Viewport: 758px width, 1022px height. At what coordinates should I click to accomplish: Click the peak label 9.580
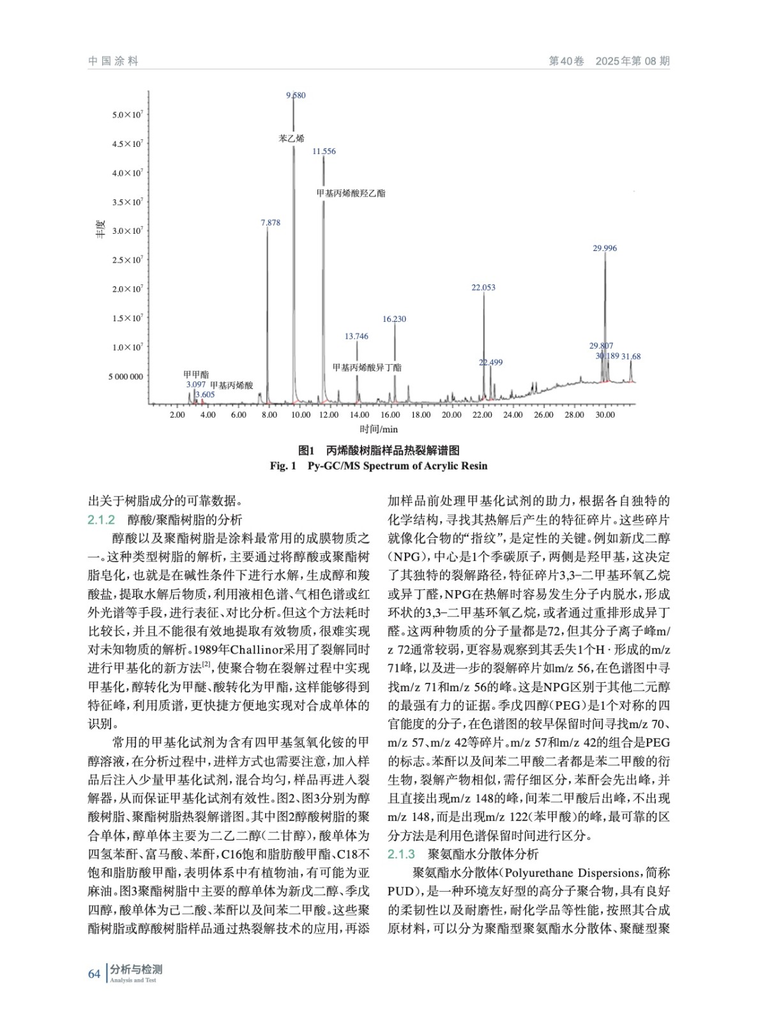296,95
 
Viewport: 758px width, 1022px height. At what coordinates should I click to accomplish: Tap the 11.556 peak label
324,151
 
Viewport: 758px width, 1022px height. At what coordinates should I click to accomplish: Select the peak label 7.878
270,223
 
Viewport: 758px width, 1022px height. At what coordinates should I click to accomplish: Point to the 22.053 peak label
483,287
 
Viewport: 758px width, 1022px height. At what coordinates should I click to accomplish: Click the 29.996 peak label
605,248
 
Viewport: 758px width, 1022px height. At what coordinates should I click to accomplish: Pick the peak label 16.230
394,319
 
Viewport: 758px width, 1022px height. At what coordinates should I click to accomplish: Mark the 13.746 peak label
356,337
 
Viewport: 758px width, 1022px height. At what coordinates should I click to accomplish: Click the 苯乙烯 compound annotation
291,138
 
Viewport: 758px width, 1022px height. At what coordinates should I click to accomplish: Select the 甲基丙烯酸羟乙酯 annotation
351,193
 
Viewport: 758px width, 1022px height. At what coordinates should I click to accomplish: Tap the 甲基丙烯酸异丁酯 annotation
367,368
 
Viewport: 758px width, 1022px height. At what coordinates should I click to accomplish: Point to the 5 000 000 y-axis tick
126,377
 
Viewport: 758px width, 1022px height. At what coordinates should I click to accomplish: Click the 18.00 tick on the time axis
421,415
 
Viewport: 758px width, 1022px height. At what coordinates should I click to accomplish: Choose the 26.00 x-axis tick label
543,415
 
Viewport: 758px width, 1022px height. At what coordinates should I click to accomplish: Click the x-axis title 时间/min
379,429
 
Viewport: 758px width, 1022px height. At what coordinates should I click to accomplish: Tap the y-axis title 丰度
100,229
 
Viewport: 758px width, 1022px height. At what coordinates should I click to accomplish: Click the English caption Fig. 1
283,466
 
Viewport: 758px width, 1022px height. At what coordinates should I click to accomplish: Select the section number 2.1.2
101,520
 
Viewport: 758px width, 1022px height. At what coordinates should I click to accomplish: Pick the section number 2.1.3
401,854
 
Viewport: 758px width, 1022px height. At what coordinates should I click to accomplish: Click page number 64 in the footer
94,974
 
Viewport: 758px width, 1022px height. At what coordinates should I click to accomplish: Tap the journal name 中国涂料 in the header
114,61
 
